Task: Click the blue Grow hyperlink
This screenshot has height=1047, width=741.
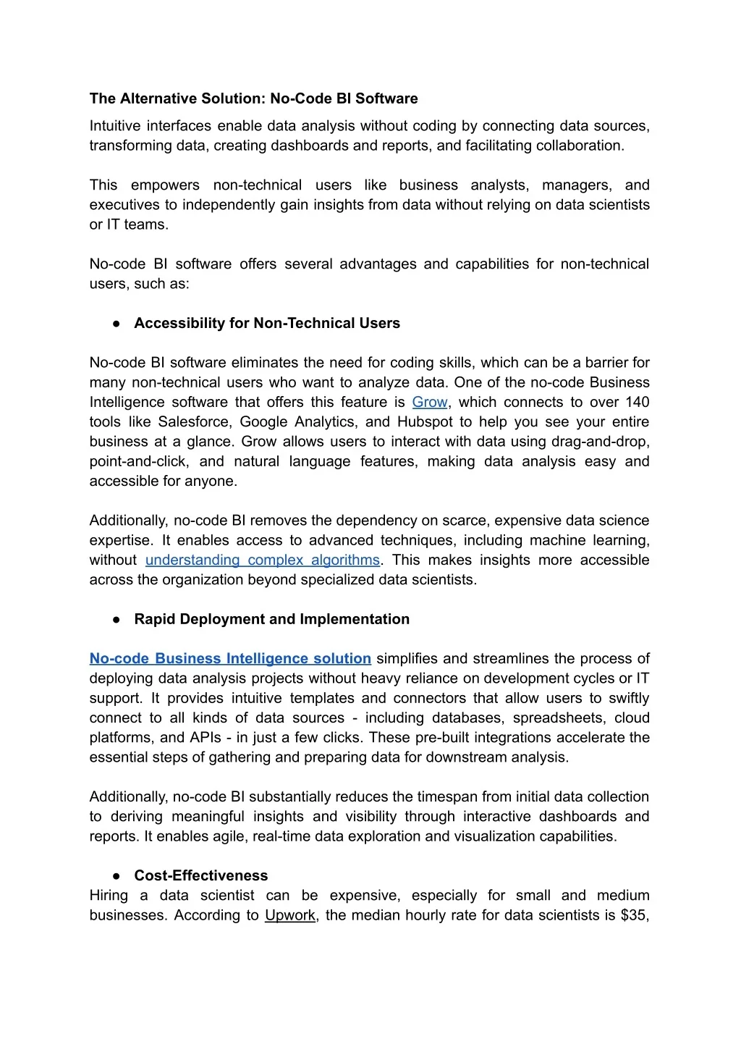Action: point(430,403)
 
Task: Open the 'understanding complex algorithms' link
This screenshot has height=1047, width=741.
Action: point(262,560)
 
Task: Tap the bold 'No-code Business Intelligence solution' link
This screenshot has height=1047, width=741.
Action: point(230,659)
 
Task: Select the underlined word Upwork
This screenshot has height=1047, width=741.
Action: point(290,916)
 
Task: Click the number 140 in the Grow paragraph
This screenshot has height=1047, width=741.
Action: point(637,403)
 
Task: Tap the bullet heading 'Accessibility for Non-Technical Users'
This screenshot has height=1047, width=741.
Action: point(267,324)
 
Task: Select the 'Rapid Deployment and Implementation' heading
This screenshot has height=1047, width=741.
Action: point(272,620)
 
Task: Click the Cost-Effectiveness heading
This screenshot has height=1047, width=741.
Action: point(201,876)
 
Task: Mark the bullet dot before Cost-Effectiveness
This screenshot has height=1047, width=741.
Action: point(116,876)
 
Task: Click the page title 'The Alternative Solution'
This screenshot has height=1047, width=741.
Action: point(177,99)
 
